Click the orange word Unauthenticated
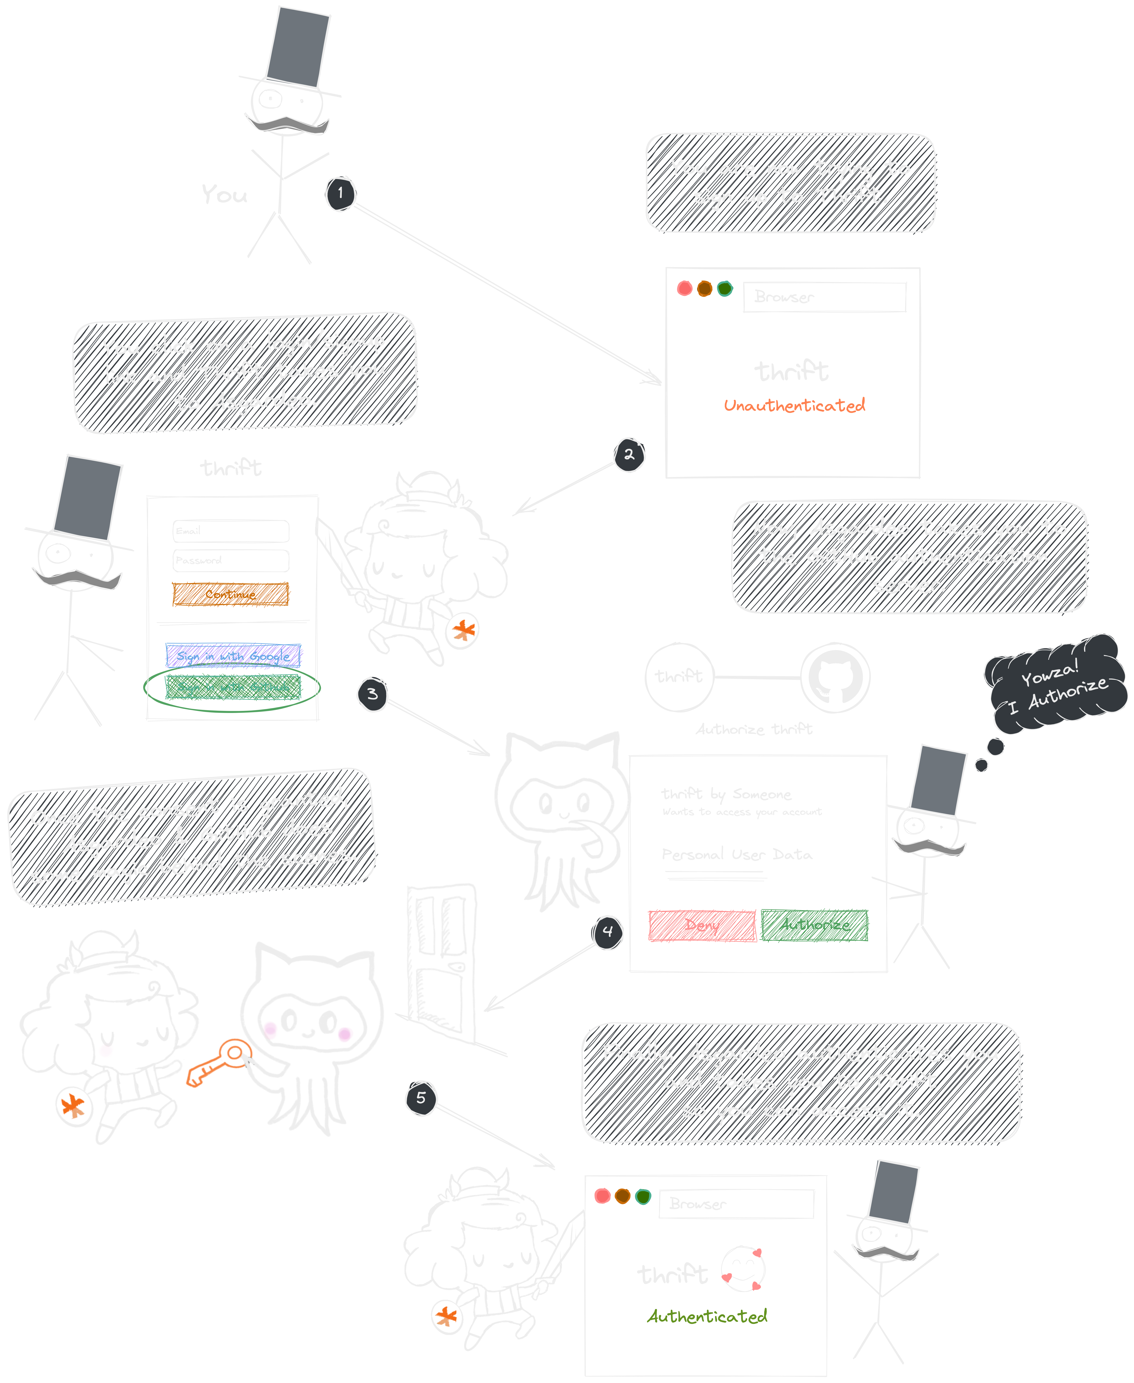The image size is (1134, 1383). [x=794, y=406]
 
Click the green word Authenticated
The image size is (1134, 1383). [x=707, y=1316]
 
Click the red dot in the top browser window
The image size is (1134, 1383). [x=684, y=289]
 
